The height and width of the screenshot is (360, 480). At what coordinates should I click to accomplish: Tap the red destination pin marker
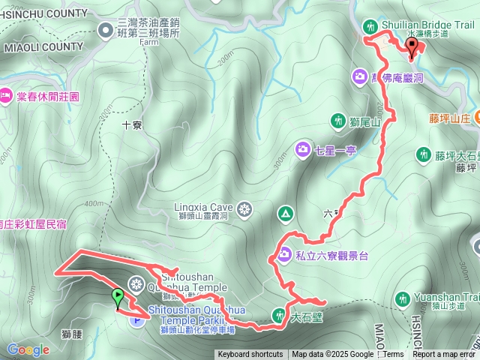click(412, 48)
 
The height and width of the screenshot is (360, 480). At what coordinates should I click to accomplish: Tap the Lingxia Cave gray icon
click(244, 208)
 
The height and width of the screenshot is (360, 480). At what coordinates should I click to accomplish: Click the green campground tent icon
click(284, 214)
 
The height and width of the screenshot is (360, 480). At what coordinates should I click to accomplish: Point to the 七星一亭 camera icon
click(302, 150)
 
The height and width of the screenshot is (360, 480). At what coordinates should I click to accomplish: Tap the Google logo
click(28, 349)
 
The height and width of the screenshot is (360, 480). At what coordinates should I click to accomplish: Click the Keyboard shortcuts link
click(250, 355)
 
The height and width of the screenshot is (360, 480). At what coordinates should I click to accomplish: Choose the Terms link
click(393, 355)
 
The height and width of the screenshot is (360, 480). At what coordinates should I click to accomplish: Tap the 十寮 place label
click(132, 126)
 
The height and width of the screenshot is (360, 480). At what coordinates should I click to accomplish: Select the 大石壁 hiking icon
click(279, 315)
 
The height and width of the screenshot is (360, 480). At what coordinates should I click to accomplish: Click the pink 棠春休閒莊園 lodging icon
click(5, 95)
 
